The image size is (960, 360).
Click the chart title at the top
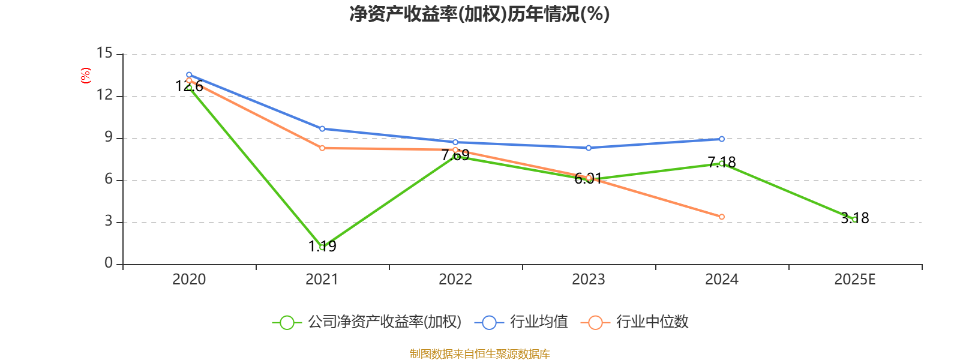479,14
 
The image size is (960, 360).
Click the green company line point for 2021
322,247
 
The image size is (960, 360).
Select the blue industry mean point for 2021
322,128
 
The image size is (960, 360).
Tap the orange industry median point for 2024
722,217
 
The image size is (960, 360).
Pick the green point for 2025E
854,220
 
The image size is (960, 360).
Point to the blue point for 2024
722,139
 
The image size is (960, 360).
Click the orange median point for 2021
322,148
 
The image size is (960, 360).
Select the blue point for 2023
589,148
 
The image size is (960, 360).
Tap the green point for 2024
722,163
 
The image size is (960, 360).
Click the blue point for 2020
189,75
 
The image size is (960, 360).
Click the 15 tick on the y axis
104,53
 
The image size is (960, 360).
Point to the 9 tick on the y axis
108,137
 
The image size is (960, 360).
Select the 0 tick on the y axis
108,263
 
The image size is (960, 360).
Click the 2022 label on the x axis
455,280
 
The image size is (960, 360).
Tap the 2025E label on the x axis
854,280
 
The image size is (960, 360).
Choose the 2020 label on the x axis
189,280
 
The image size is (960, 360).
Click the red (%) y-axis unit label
86,76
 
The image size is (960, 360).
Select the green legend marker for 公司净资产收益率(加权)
287,322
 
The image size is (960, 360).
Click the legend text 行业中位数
652,322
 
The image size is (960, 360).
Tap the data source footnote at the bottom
479,354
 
